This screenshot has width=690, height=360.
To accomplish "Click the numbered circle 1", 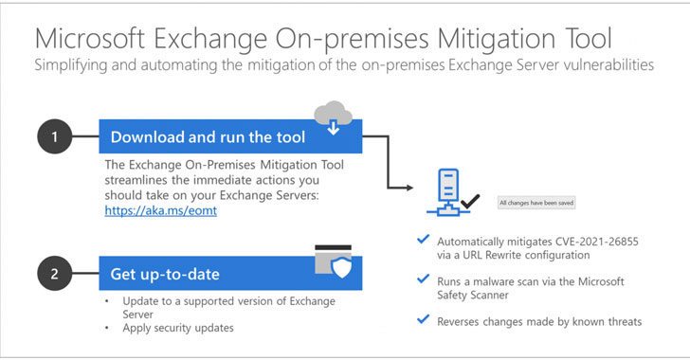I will tap(54, 136).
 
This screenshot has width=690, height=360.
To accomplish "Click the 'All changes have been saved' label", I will tap(536, 202).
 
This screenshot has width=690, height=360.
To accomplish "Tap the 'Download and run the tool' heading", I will tap(209, 137).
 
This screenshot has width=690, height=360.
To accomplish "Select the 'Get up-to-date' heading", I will tap(166, 275).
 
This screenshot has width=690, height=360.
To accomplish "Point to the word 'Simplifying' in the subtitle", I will tap(71, 65).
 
